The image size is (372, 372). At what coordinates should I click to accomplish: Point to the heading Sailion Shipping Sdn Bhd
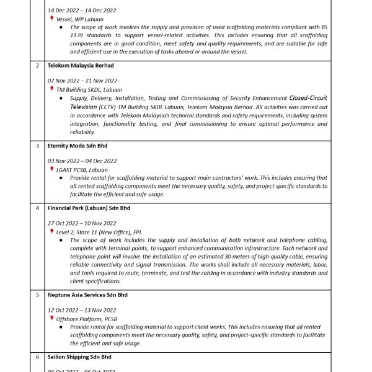point(79,356)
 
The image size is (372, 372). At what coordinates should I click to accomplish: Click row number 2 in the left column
point(38,65)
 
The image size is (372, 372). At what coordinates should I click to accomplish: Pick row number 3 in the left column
point(38,146)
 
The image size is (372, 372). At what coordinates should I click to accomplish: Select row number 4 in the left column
point(38,208)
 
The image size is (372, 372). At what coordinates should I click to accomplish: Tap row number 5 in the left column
point(38,294)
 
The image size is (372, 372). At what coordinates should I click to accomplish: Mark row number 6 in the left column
point(38,356)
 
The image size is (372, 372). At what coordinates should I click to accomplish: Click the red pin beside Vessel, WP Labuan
point(51,19)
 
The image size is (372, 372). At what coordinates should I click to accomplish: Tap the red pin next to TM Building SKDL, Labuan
point(51,89)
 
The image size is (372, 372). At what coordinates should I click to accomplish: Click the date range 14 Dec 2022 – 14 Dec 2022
point(81,11)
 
